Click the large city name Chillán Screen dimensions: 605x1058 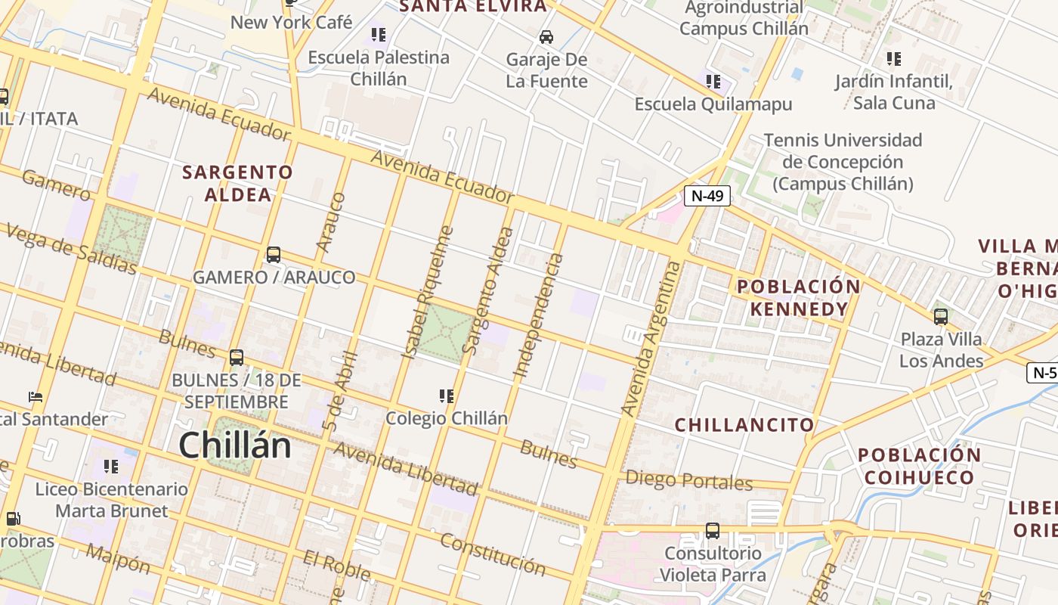coord(235,445)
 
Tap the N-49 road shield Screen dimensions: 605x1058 coord(707,196)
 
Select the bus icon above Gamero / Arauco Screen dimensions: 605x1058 coord(274,255)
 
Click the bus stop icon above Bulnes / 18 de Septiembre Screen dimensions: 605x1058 coord(237,357)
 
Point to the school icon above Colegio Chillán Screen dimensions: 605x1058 coord(447,396)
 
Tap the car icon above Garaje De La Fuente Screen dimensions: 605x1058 coord(546,37)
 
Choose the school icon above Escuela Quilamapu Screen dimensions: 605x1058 coord(713,81)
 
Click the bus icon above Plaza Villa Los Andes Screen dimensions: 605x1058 coord(941,316)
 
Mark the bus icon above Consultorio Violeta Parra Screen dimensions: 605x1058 coord(712,530)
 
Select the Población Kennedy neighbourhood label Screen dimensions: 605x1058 coord(799,298)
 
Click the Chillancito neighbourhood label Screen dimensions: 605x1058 coord(744,425)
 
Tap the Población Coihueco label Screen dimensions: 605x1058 coord(919,467)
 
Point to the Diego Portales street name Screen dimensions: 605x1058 coord(689,480)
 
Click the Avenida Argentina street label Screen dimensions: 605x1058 coord(651,338)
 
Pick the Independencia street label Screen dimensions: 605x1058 coord(539,315)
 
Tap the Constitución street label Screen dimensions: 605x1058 coord(493,554)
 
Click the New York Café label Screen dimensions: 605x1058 coord(291,23)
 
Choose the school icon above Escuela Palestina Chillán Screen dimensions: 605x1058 coord(379,35)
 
